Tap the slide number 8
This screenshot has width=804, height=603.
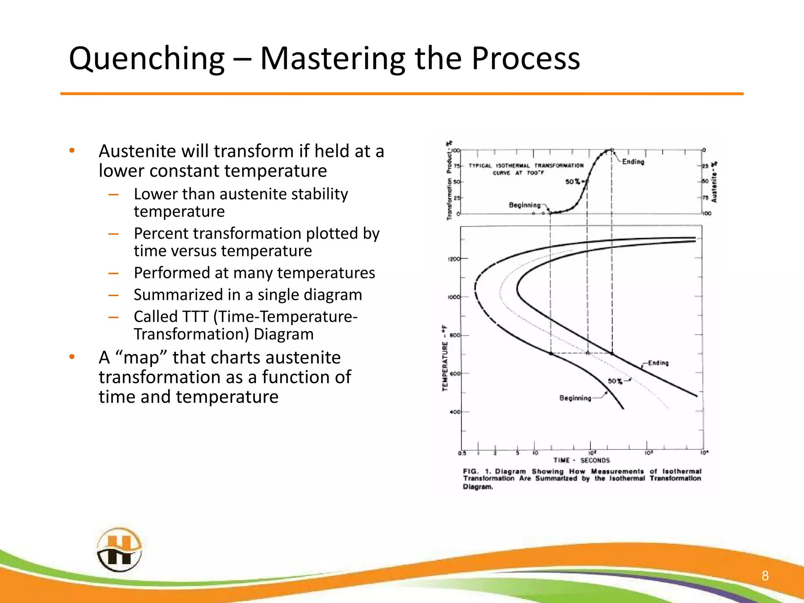765,576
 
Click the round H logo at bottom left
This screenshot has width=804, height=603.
119,550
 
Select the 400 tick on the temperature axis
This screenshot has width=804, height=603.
455,412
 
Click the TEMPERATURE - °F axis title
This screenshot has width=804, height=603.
445,358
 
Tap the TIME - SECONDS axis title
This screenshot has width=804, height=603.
581,460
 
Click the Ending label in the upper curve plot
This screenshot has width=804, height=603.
633,162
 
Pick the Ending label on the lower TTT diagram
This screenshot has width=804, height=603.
658,363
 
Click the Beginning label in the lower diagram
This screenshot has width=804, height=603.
575,398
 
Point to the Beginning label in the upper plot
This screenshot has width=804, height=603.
524,205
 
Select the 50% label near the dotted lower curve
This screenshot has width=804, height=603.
615,381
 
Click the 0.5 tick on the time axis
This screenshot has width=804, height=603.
462,453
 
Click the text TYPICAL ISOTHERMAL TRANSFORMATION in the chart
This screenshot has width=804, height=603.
526,166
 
